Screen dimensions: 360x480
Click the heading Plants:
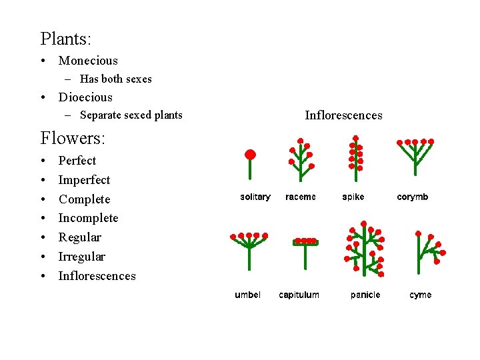[x=66, y=39]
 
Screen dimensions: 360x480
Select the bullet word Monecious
[x=88, y=61]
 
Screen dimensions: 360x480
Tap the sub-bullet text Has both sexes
[x=115, y=79]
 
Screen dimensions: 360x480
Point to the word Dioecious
[x=85, y=97]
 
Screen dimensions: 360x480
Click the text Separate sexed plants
[x=131, y=115]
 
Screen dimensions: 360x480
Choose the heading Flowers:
[x=73, y=139]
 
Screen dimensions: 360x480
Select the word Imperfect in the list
[x=84, y=180]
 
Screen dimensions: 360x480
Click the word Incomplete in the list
[x=88, y=218]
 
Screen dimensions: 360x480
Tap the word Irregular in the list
[x=82, y=257]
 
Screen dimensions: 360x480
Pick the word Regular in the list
[x=80, y=237]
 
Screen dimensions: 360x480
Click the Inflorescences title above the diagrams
[x=343, y=115]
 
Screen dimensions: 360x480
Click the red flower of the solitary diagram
[x=250, y=155]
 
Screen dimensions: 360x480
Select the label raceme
[x=301, y=197]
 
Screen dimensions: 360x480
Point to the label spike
[x=353, y=197]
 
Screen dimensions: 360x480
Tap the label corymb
[x=413, y=197]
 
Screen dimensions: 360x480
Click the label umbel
[x=247, y=295]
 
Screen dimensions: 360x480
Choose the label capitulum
[x=299, y=295]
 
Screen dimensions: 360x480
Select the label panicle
[x=365, y=295]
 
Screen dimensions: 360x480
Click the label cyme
[x=421, y=295]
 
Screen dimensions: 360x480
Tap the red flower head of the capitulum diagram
[x=306, y=241]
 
